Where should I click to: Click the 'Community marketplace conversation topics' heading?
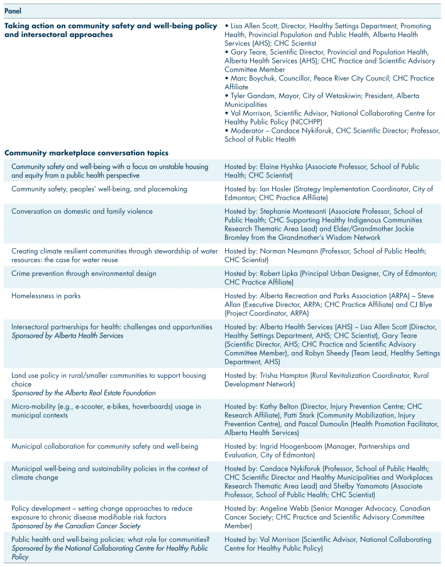click(86, 153)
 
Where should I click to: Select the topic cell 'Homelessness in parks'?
click(45, 295)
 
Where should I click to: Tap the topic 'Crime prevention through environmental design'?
click(84, 273)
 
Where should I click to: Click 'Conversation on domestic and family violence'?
click(82, 212)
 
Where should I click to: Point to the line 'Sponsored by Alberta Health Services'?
click(67, 336)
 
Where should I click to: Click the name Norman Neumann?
click(284, 251)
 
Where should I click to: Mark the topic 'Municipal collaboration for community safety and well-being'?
click(104, 446)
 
